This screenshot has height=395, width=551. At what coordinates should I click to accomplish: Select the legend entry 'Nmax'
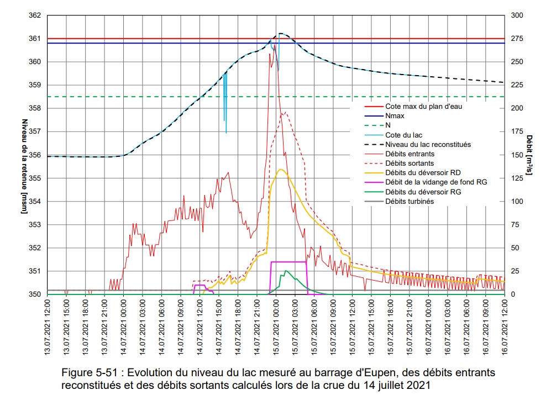(395, 116)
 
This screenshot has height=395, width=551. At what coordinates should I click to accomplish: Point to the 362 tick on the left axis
(35, 15)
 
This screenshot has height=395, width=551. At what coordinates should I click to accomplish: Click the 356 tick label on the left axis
(35, 155)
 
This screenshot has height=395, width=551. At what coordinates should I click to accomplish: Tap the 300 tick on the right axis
(516, 15)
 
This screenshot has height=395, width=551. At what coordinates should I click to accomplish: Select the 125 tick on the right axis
(516, 178)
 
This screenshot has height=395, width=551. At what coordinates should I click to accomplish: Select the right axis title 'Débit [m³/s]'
(529, 155)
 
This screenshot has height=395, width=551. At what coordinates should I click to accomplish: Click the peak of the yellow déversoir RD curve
(281, 169)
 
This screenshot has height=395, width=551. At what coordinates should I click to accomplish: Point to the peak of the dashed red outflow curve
(284, 113)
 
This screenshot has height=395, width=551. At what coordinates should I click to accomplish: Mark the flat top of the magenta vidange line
(288, 262)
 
